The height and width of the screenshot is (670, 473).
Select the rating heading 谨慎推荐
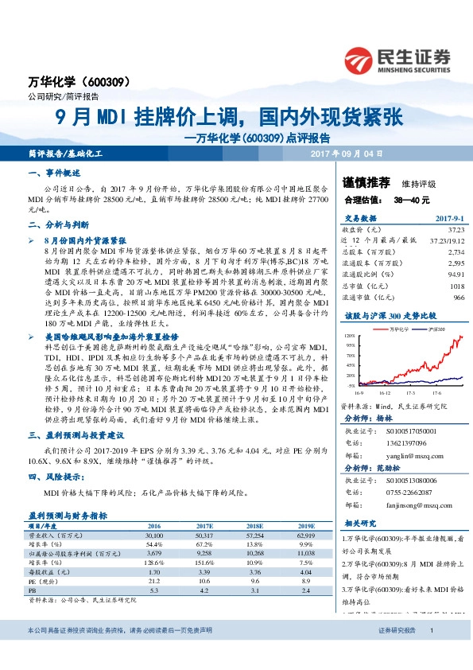(362, 181)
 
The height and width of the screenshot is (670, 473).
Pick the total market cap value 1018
(456, 287)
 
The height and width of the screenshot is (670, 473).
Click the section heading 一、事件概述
(54, 172)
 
